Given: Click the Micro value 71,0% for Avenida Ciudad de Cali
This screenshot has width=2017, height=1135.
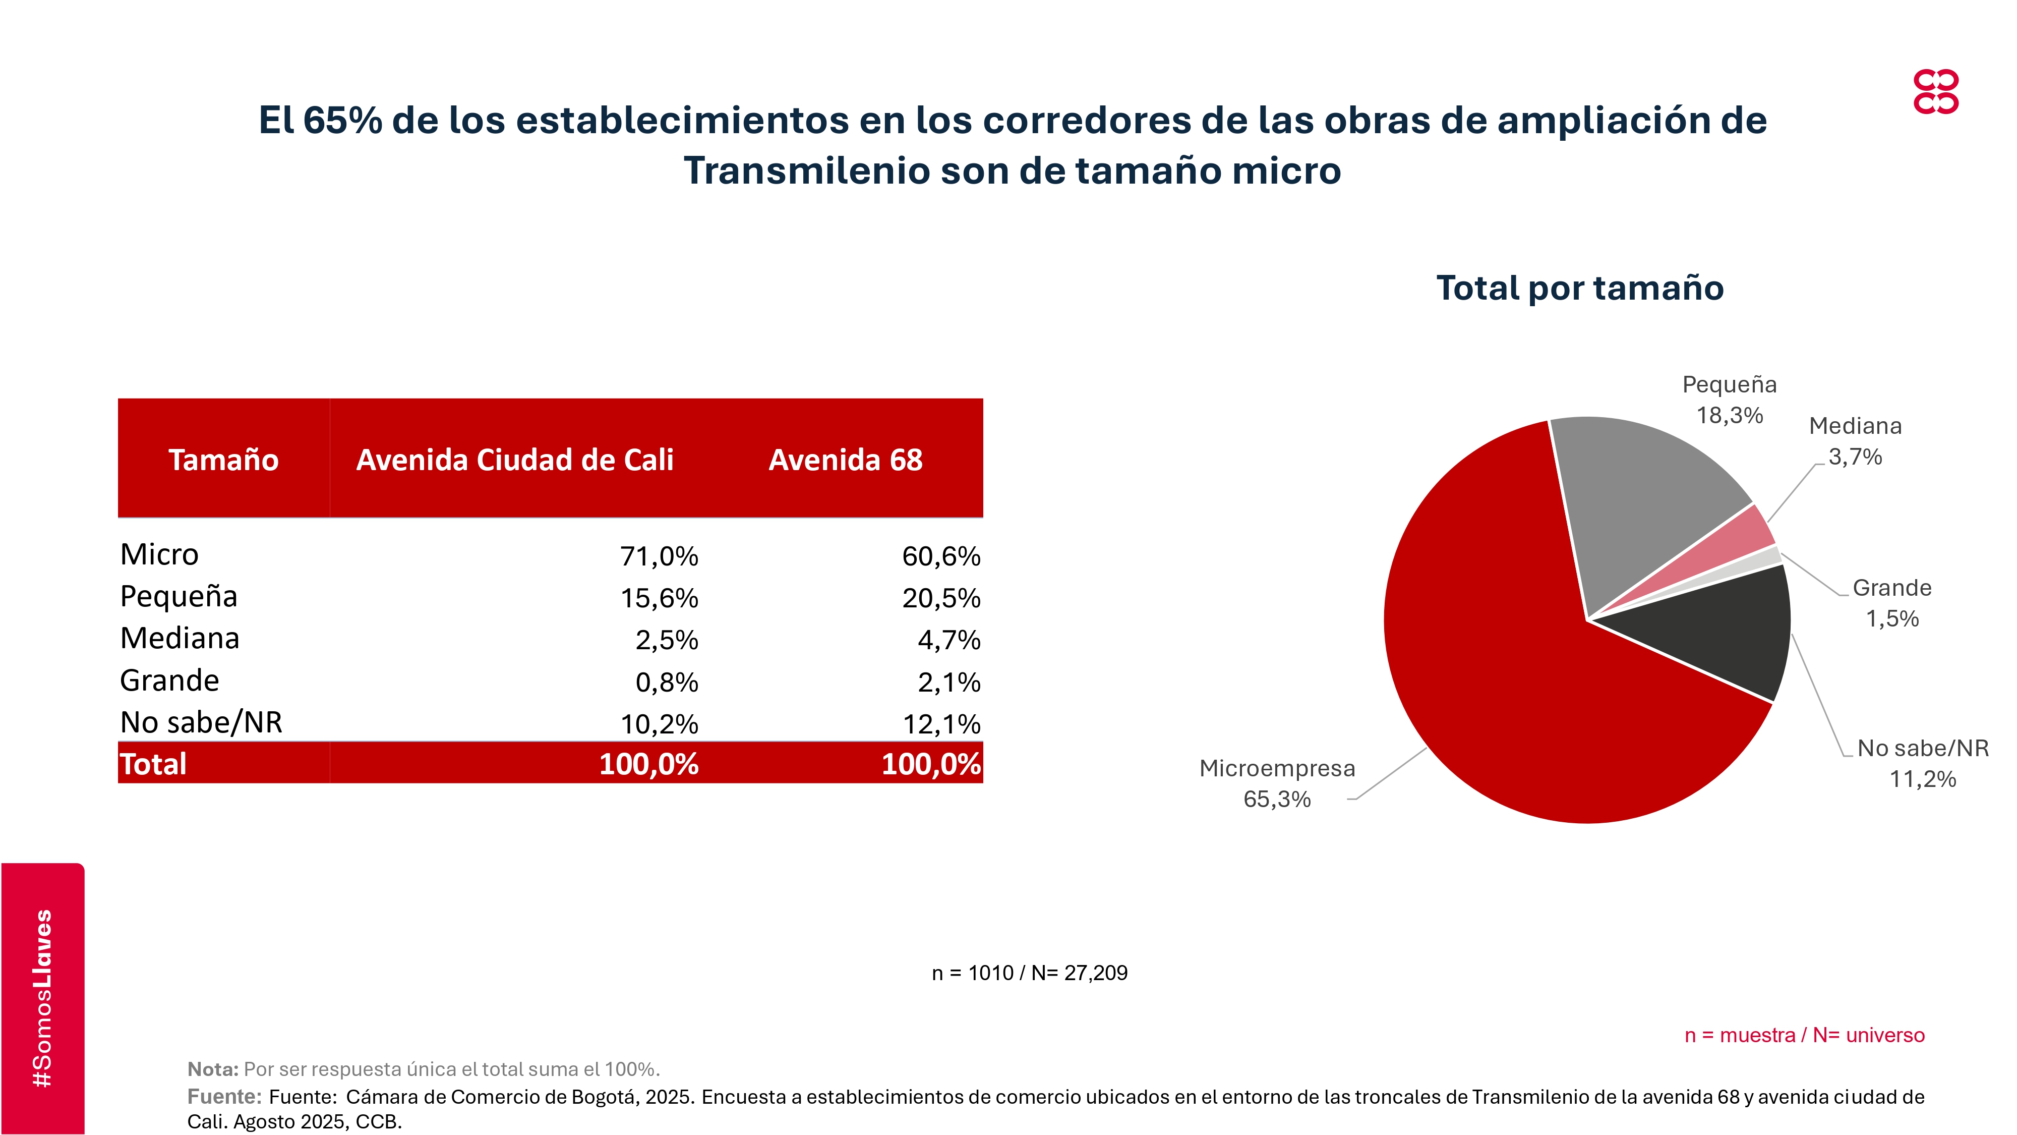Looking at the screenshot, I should pos(659,556).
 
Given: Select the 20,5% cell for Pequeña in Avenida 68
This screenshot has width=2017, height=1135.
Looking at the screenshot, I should pos(940,598).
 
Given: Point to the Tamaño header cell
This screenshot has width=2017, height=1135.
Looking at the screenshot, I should pos(223,460).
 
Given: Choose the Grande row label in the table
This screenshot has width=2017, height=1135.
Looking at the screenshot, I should pos(170,680).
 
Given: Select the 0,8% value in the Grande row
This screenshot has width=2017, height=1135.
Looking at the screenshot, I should pos(666,682).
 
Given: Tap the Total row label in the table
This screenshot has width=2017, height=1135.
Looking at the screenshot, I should pos(153,764).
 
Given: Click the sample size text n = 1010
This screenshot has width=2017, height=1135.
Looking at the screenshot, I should pos(1029,973).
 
